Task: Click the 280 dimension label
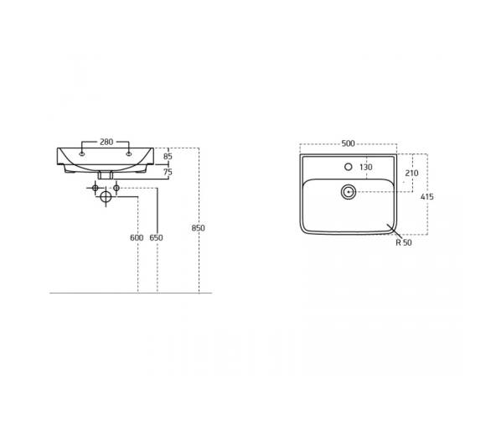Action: click(106, 142)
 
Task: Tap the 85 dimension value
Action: click(168, 156)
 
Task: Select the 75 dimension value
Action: click(168, 172)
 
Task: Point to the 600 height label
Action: click(137, 238)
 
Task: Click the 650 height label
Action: click(156, 238)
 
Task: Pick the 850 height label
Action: click(199, 228)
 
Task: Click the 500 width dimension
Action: click(348, 143)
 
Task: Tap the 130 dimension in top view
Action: click(366, 168)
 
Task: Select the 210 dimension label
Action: click(411, 173)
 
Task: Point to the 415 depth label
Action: click(427, 197)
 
